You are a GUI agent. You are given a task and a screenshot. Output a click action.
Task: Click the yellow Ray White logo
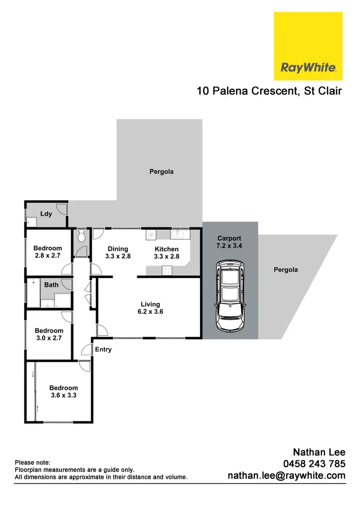click(308, 46)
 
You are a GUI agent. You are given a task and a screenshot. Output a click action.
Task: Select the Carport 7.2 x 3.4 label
click(229, 242)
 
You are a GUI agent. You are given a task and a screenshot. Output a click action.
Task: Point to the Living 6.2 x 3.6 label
click(150, 308)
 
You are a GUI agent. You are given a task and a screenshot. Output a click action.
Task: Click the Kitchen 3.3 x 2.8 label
click(167, 253)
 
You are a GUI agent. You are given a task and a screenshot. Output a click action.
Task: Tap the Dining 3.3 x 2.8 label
click(118, 253)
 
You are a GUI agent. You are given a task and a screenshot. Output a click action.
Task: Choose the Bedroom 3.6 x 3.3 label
click(63, 392)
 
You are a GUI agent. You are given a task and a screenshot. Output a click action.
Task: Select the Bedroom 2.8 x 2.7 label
click(47, 252)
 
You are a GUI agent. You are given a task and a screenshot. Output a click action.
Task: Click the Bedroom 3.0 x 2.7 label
click(48, 334)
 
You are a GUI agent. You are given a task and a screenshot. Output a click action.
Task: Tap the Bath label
click(51, 285)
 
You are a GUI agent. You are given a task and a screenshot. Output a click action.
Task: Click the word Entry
click(103, 350)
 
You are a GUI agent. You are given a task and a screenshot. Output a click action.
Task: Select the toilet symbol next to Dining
click(81, 236)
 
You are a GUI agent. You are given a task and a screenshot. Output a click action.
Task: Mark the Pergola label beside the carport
click(286, 270)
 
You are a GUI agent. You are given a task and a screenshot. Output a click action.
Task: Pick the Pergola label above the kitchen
click(161, 171)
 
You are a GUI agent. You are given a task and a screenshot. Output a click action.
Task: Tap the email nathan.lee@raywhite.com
click(286, 475)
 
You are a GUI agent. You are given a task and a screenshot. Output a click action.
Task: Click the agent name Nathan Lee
click(319, 452)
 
